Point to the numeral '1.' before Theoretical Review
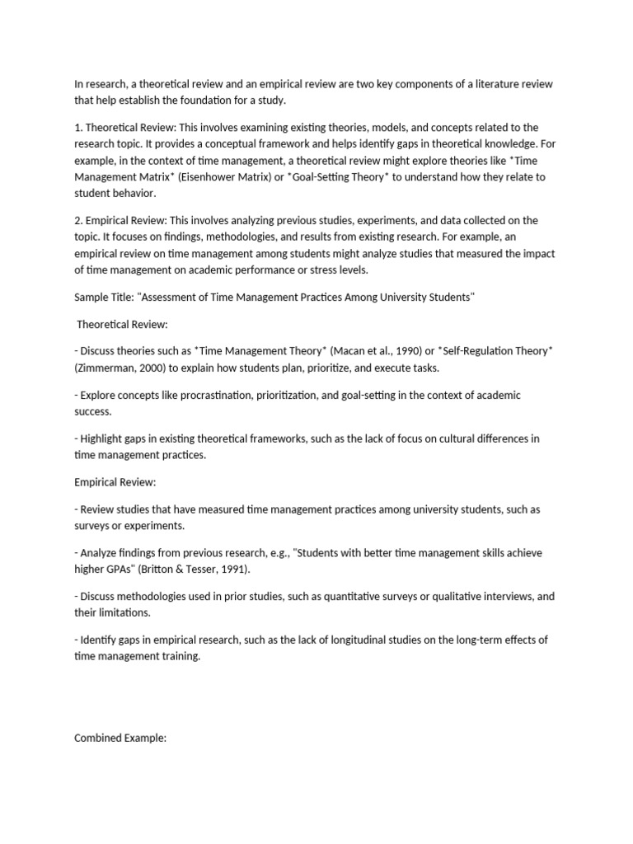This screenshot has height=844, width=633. click(78, 128)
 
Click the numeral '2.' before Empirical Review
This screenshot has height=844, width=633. click(78, 220)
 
